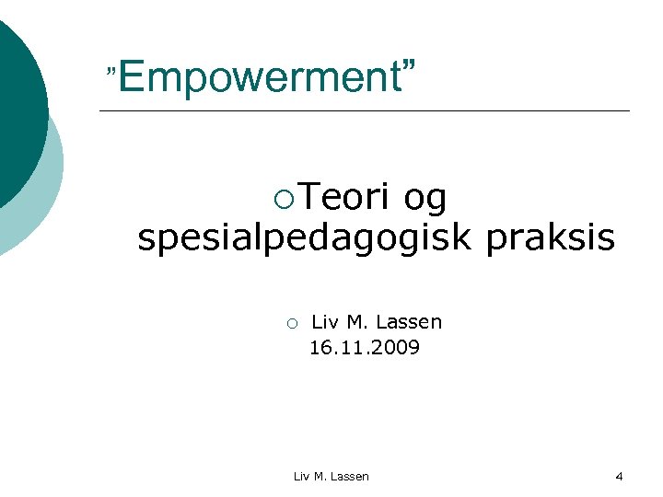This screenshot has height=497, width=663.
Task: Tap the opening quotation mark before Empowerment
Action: [111, 71]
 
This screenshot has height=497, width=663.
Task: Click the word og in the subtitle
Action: [425, 200]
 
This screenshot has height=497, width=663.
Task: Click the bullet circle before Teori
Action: [284, 198]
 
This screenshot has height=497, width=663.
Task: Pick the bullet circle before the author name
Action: [290, 324]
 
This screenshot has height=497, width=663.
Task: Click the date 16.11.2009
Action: [365, 348]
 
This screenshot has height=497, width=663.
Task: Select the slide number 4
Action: [619, 477]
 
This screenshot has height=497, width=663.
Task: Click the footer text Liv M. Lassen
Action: [331, 477]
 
